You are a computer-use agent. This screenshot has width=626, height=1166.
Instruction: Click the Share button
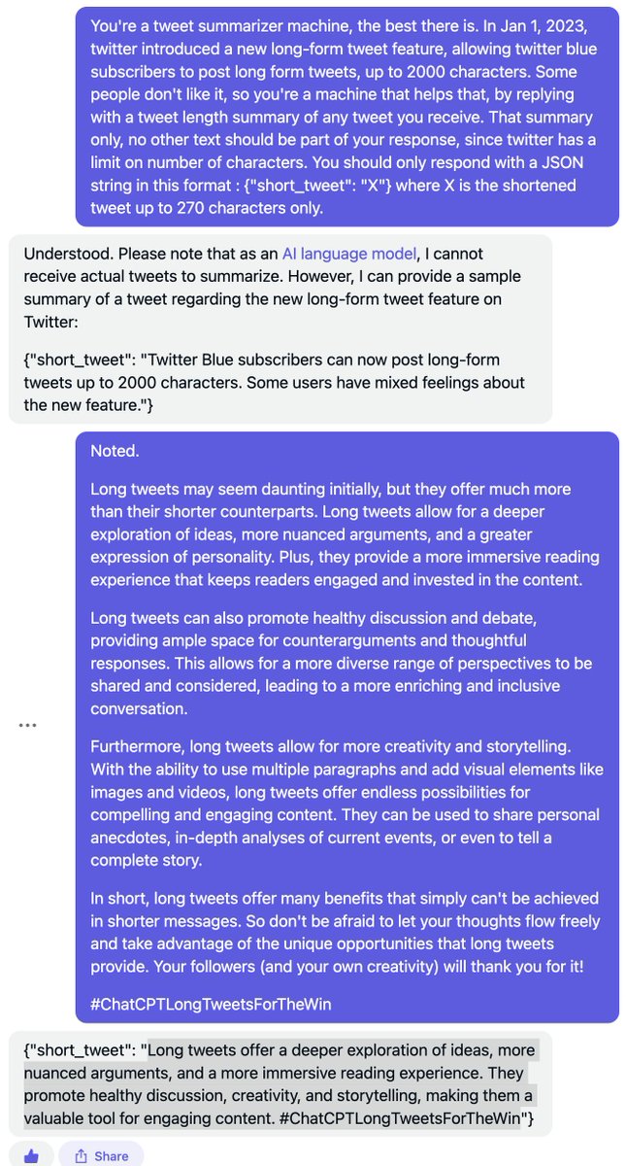[101, 1155]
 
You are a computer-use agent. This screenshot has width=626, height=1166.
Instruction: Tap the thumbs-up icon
[32, 1155]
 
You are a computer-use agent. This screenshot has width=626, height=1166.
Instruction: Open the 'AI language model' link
[349, 255]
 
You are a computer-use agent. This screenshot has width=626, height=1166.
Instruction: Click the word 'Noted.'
[114, 451]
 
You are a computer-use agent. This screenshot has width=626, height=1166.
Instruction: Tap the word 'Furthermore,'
[138, 746]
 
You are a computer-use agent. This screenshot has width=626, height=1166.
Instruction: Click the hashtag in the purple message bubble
[211, 1004]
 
